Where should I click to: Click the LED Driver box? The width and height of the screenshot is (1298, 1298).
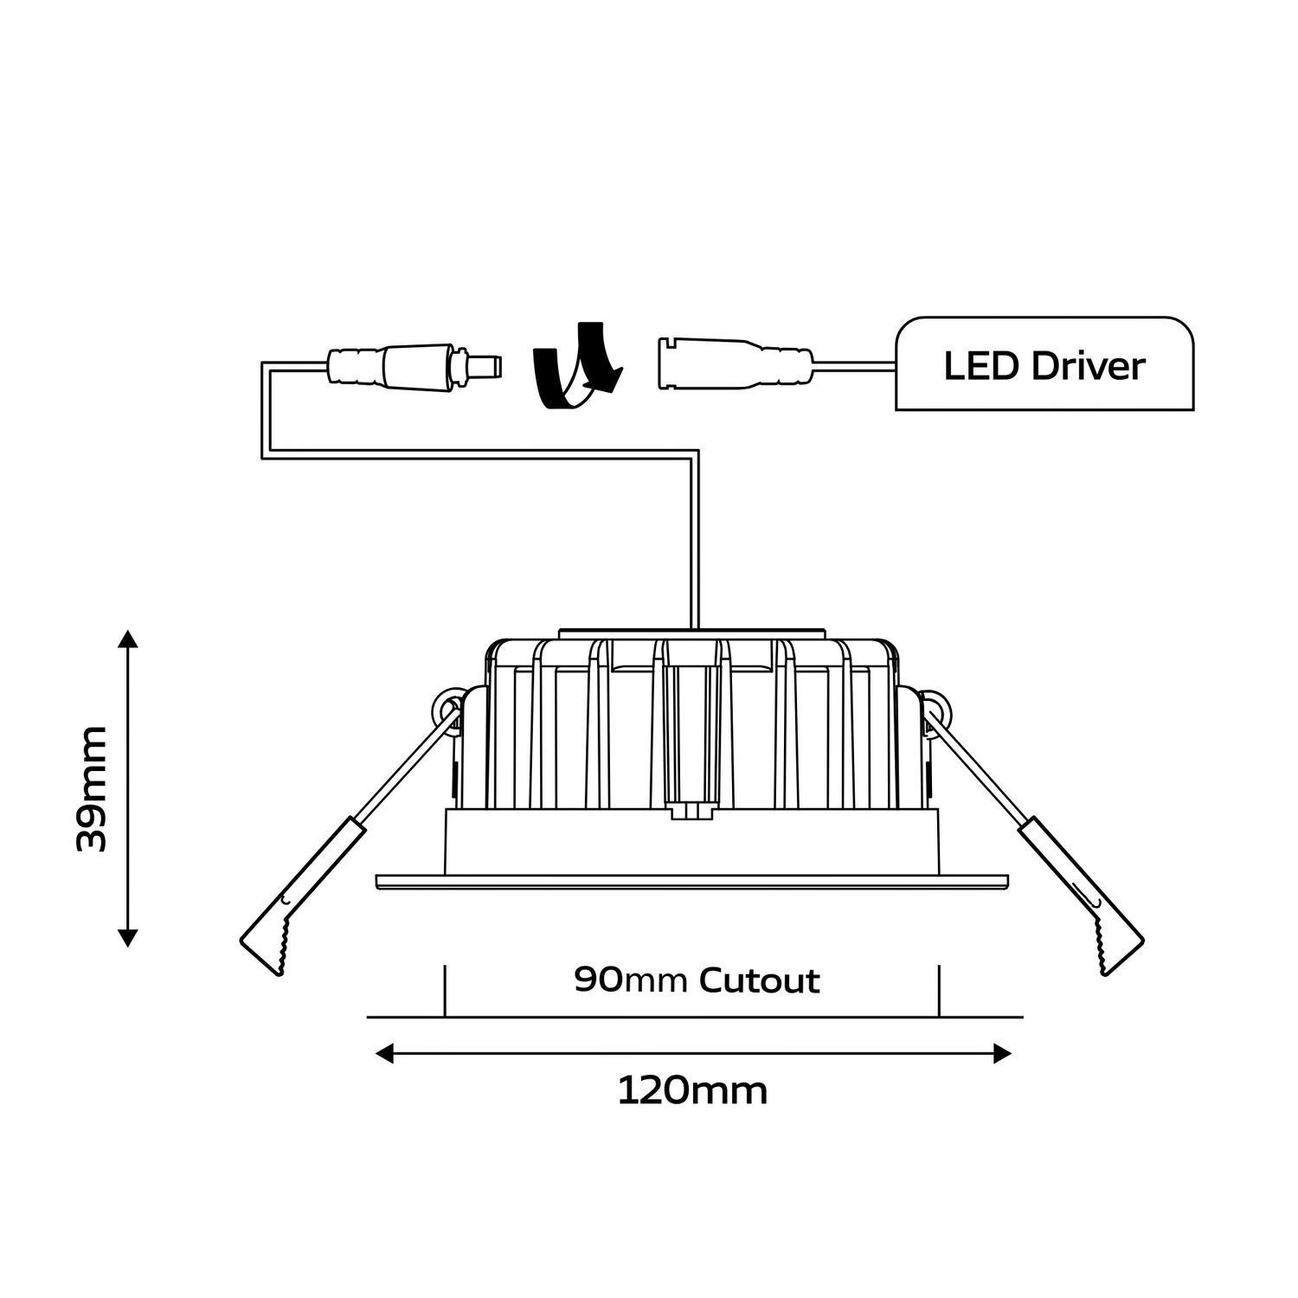click(x=1044, y=364)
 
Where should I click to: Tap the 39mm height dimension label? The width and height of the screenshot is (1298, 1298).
click(x=92, y=788)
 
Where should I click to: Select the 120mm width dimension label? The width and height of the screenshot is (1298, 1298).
click(x=692, y=1091)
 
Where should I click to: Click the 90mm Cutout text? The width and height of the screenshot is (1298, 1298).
click(x=697, y=980)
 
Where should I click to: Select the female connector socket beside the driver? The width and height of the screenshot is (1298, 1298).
click(x=736, y=363)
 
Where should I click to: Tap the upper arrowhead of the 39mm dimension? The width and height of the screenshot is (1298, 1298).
click(x=128, y=640)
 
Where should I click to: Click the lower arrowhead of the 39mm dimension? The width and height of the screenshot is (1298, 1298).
click(x=128, y=936)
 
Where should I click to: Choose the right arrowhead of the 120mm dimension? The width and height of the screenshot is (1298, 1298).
click(x=1002, y=1053)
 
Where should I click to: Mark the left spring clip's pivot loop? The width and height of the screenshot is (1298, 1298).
click(x=447, y=706)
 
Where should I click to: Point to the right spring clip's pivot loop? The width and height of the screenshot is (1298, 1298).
click(x=936, y=706)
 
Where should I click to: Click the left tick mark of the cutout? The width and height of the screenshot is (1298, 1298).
click(x=445, y=991)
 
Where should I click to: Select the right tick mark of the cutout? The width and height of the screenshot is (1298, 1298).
click(x=939, y=991)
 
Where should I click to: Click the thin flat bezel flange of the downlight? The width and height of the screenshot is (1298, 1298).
click(x=692, y=882)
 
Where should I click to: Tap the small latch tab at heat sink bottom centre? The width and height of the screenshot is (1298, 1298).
click(x=692, y=811)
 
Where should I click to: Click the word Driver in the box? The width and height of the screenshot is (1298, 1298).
click(x=1089, y=365)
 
